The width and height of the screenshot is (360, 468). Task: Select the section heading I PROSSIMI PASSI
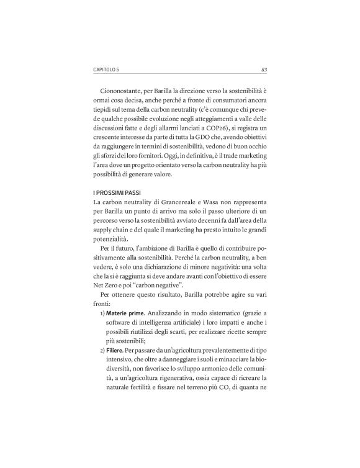pos(118,192)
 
